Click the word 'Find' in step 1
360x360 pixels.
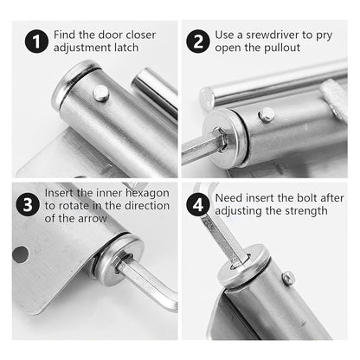pyautogui.click(x=67, y=35)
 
